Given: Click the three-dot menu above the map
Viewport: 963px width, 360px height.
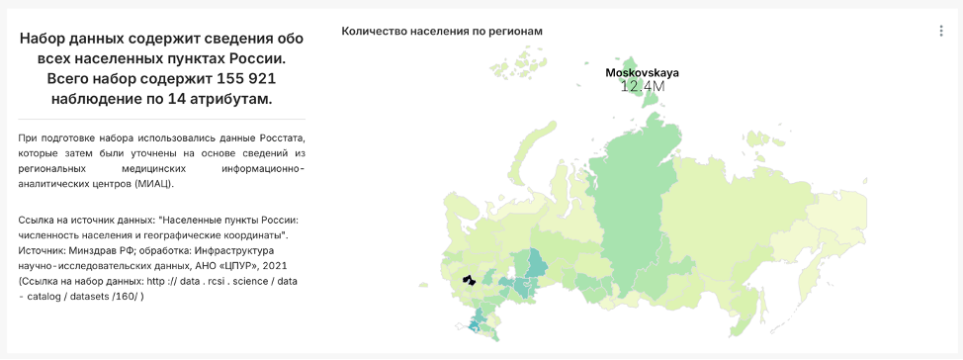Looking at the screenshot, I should point(941,31).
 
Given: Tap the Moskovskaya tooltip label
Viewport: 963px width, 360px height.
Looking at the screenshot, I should point(642,72).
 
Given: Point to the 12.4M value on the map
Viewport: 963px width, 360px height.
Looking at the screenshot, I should point(642,87).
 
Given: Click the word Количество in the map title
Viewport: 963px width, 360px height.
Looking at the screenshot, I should point(374,31).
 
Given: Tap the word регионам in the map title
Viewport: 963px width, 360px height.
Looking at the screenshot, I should point(517,31).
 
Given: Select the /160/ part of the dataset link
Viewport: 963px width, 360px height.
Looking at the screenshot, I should point(126,297).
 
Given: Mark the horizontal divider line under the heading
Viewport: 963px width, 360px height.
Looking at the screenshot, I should point(161,120).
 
